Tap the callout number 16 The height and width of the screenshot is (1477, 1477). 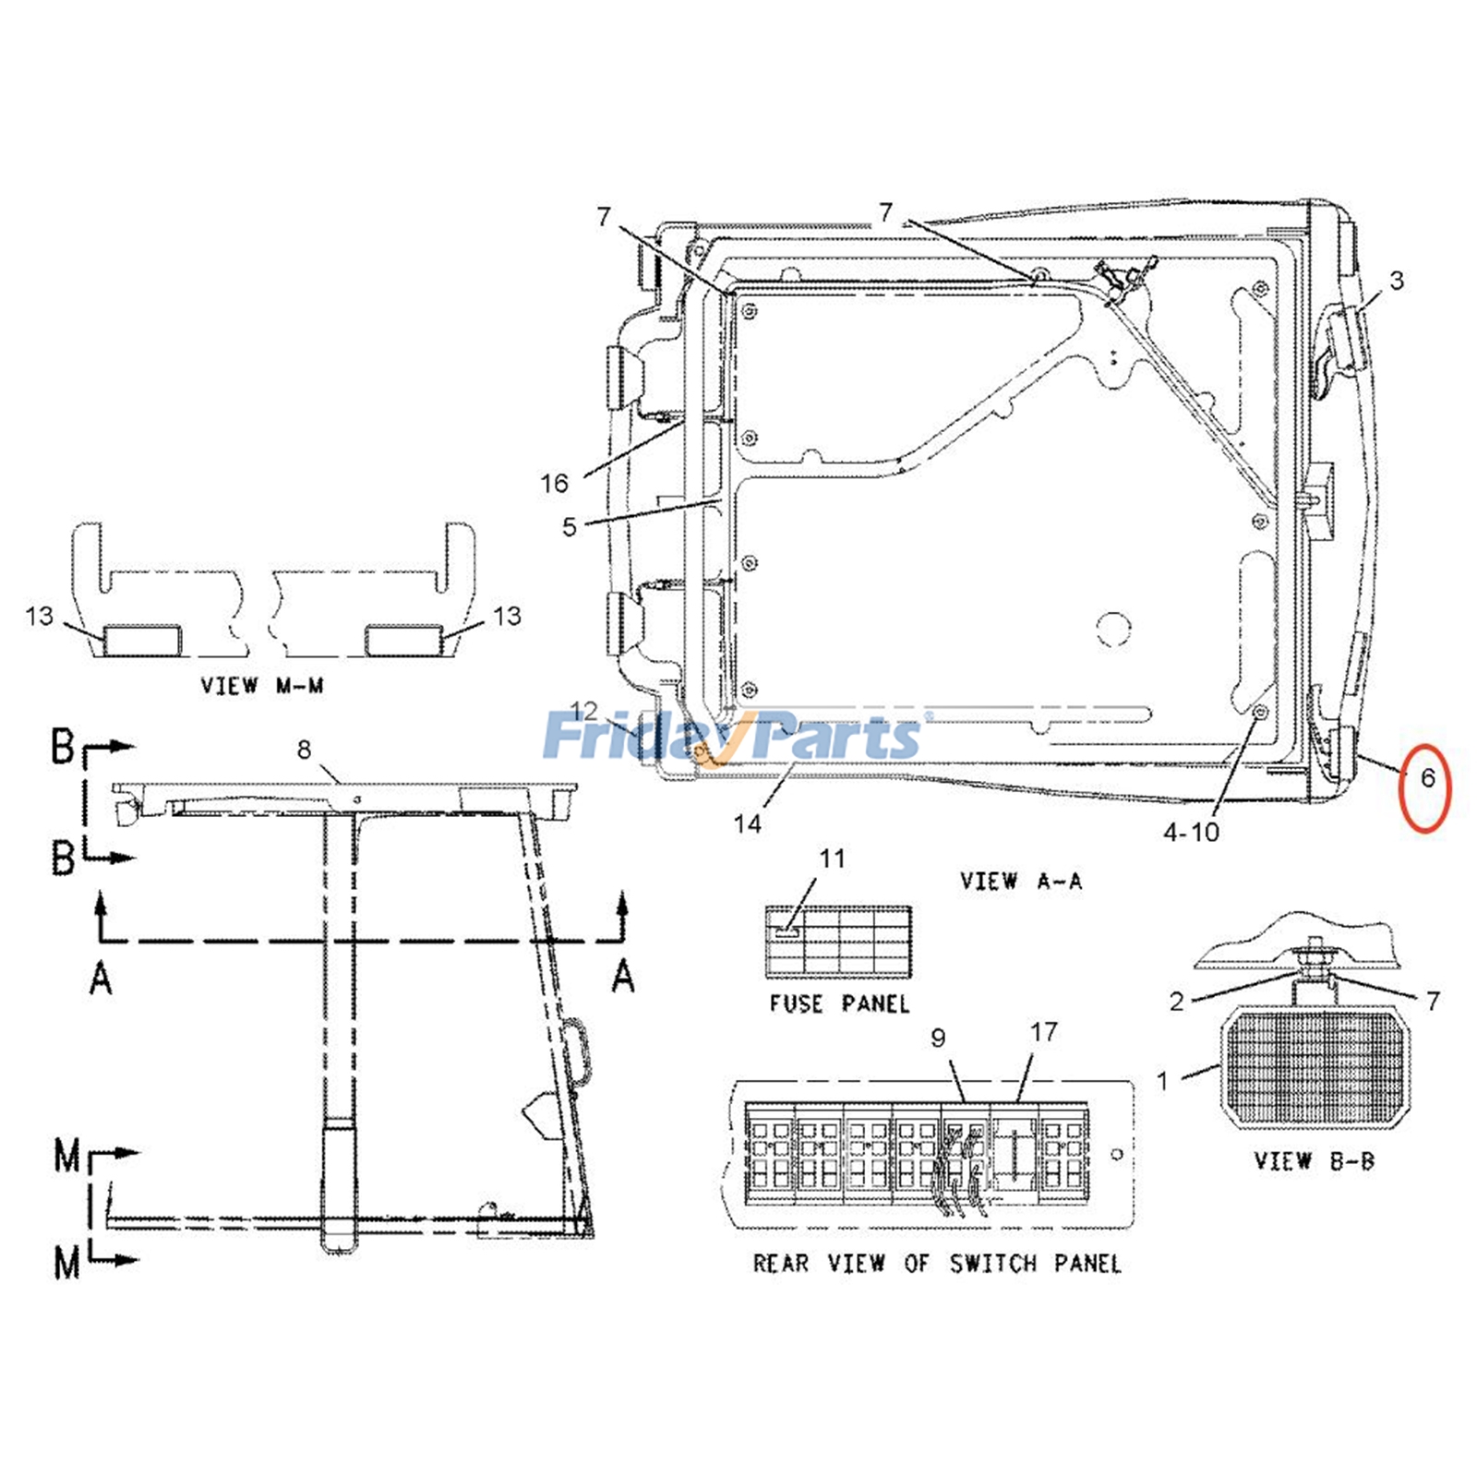click(x=554, y=483)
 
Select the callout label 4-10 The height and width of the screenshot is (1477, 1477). click(x=1191, y=833)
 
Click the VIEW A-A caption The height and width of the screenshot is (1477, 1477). click(x=1020, y=881)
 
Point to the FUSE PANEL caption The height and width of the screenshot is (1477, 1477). click(x=839, y=1003)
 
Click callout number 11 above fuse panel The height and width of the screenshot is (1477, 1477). click(x=832, y=859)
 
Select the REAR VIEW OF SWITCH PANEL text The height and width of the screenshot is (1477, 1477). click(x=937, y=1264)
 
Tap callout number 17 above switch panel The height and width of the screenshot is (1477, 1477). click(x=1043, y=1032)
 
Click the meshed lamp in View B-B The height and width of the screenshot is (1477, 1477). click(x=1315, y=1068)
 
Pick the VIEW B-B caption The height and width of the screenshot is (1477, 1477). click(x=1314, y=1161)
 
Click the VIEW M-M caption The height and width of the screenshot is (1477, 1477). click(x=262, y=686)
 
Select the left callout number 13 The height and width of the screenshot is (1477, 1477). click(x=40, y=616)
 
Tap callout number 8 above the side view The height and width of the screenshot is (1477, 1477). click(x=305, y=750)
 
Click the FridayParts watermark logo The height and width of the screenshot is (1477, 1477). click(x=734, y=737)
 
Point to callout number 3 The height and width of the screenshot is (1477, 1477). click(x=1397, y=280)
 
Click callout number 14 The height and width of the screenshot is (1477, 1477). click(x=747, y=823)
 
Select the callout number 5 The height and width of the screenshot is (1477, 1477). click(x=569, y=527)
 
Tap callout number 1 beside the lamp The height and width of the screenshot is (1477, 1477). click(x=1163, y=1079)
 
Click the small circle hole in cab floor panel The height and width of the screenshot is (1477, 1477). click(x=1113, y=628)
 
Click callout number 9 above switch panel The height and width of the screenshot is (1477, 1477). click(x=938, y=1039)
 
